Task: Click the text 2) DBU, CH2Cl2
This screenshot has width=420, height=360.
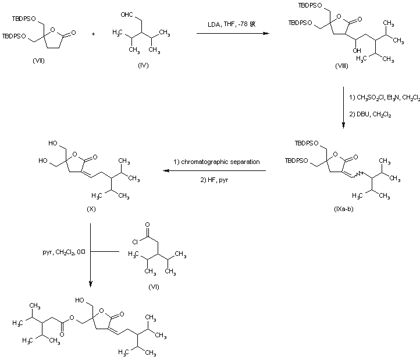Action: point(369,115)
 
